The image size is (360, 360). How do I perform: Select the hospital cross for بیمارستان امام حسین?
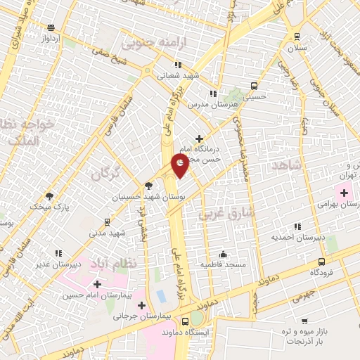(x=97, y=284)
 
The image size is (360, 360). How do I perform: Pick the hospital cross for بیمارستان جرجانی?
(x=143, y=305)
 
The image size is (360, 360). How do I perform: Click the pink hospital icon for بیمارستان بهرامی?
(x=345, y=193)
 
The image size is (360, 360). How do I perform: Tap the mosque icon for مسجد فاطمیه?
(x=224, y=255)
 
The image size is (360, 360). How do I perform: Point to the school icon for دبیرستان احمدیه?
(x=297, y=226)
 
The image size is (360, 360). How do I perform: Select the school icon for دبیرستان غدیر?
(x=58, y=253)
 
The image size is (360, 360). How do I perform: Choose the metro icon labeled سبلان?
(x=297, y=36)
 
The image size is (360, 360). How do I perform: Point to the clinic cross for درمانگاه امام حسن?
(x=200, y=139)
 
